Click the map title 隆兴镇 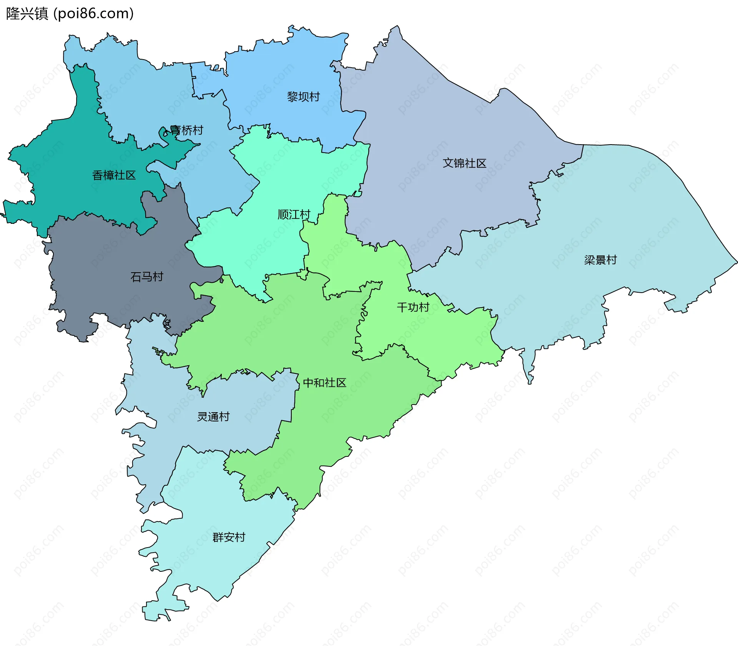pyautogui.click(x=27, y=13)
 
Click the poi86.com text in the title pyautogui.click(x=93, y=13)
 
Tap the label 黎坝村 pyautogui.click(x=303, y=97)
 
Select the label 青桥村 pyautogui.click(x=186, y=130)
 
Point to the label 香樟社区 pyautogui.click(x=114, y=175)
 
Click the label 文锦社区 pyautogui.click(x=464, y=163)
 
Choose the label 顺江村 pyautogui.click(x=294, y=215)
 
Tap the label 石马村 pyautogui.click(x=147, y=277)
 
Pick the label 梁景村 pyautogui.click(x=600, y=260)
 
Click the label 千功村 pyautogui.click(x=413, y=307)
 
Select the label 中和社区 pyautogui.click(x=324, y=383)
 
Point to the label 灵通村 pyautogui.click(x=213, y=417)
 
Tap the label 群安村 pyautogui.click(x=229, y=537)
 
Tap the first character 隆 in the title pyautogui.click(x=13, y=13)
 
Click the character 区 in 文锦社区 pyautogui.click(x=481, y=163)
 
